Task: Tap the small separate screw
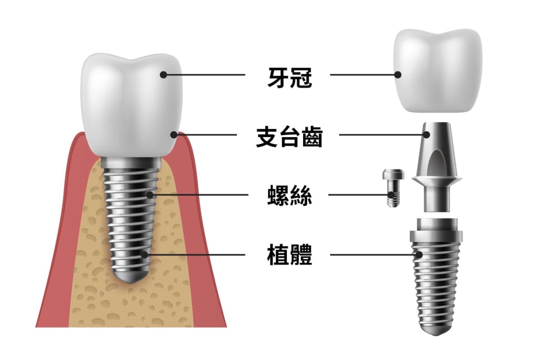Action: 393,187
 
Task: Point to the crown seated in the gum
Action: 131,104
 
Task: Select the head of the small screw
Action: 393,174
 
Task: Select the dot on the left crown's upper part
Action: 164,75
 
